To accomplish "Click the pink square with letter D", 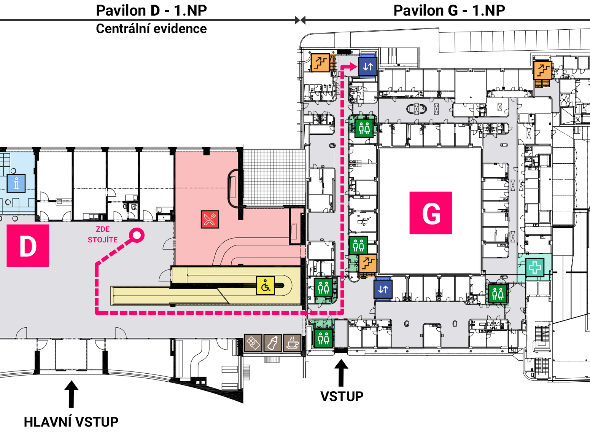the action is [x=28, y=246].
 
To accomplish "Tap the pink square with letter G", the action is [x=431, y=213].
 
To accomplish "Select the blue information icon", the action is [x=16, y=183].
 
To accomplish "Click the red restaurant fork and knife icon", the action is [x=210, y=219].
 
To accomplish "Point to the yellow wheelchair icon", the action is [x=266, y=285].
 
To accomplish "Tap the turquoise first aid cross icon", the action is [x=534, y=267].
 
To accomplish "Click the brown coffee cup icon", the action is [x=292, y=343].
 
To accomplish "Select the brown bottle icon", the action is [x=272, y=343].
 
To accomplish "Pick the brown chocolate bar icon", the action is [x=253, y=343].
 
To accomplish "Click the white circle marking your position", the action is [x=137, y=235].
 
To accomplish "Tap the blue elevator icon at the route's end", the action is [x=368, y=66].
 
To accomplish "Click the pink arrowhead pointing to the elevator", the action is [x=353, y=66].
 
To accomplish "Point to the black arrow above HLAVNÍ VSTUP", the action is [x=71, y=394].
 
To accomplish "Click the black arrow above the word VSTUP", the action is [x=341, y=373].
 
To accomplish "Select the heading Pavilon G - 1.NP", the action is [x=449, y=11].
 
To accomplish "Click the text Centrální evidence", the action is [x=151, y=29].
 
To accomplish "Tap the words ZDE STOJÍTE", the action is [x=103, y=234].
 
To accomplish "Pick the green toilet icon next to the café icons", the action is [x=324, y=338].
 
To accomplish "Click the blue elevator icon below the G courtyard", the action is [x=383, y=289].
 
